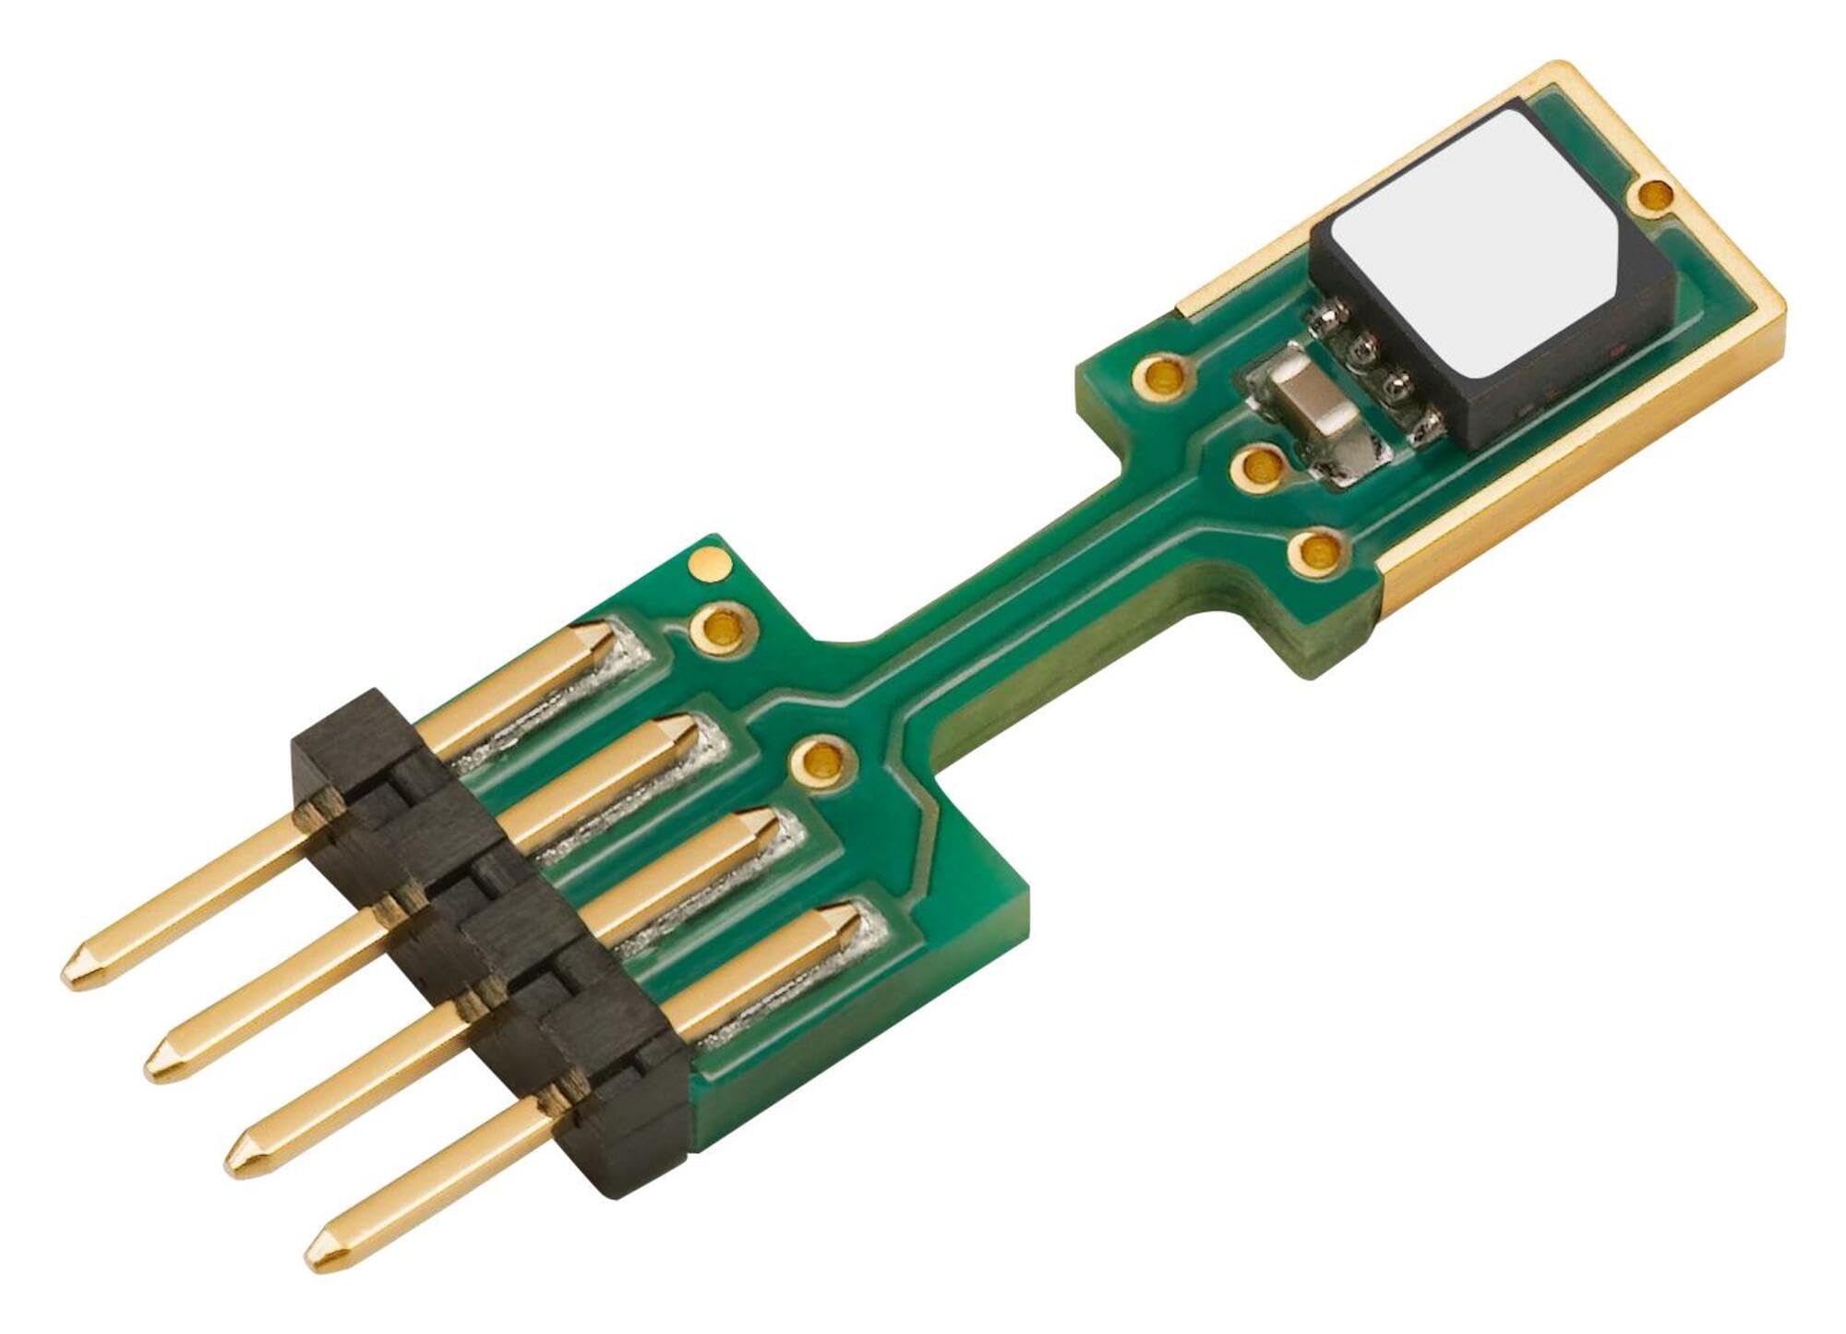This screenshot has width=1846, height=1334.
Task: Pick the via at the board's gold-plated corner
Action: click(x=1652, y=195)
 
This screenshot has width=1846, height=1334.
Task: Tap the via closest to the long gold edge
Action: click(x=1318, y=553)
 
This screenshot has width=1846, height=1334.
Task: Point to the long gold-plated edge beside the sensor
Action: click(x=1569, y=443)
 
